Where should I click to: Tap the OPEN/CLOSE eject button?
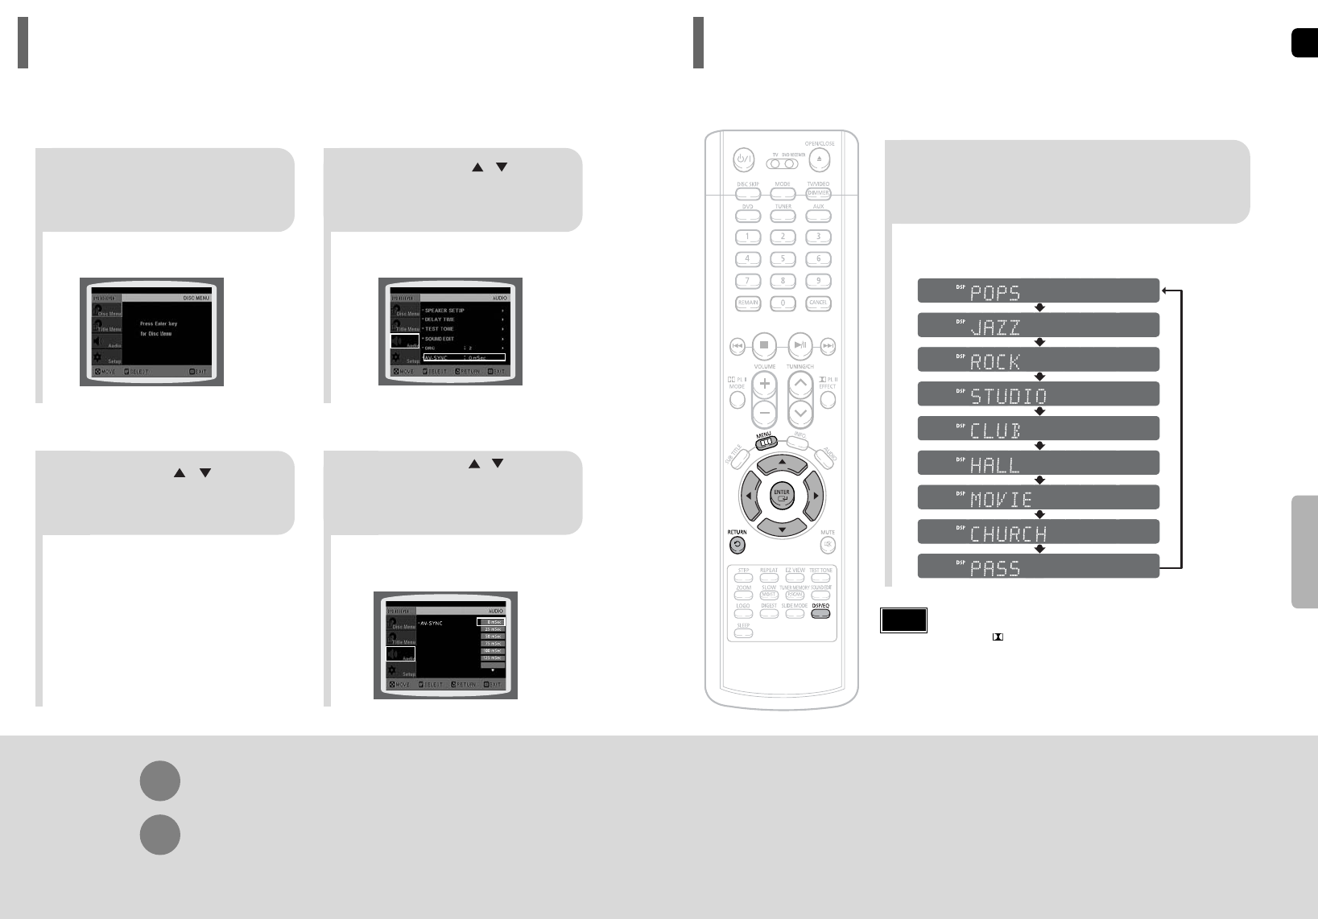click(x=820, y=159)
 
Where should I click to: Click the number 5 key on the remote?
click(x=783, y=260)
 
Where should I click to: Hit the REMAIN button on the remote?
click(x=747, y=303)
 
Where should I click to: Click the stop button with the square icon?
click(x=765, y=345)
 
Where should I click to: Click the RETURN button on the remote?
click(x=738, y=545)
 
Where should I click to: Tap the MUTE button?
click(x=828, y=545)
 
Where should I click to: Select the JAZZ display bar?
click(x=1038, y=325)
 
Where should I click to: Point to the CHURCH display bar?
click(x=1038, y=532)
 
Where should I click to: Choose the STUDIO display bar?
click(x=1038, y=394)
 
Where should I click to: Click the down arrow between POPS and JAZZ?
click(x=1039, y=307)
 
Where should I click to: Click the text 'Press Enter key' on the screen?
click(x=159, y=324)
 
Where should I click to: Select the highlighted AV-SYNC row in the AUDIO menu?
click(x=464, y=357)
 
